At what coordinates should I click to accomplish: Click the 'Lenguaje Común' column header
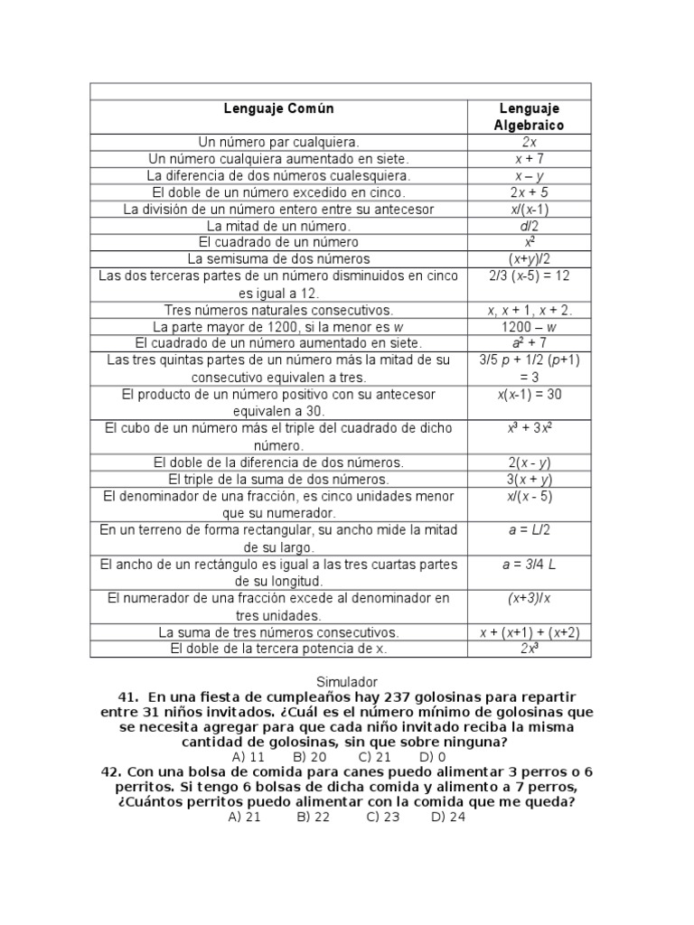(x=278, y=108)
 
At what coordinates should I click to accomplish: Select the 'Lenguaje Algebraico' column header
(x=529, y=117)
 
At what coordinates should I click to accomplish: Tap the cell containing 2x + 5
(x=529, y=192)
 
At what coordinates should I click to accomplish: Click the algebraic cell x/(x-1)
(x=529, y=210)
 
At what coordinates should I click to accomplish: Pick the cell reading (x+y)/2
(x=529, y=259)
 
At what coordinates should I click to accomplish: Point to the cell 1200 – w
(x=529, y=326)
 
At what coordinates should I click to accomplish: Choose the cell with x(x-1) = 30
(x=529, y=394)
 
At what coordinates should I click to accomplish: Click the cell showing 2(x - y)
(x=529, y=462)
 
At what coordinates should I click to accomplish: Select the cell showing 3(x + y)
(x=529, y=479)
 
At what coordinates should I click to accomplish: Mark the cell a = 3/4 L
(x=529, y=564)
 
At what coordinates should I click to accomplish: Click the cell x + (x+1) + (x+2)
(x=529, y=632)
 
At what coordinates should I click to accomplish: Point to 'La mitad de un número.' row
(x=278, y=226)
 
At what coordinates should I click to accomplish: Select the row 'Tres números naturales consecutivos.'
(x=278, y=309)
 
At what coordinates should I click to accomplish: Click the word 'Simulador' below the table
(x=347, y=682)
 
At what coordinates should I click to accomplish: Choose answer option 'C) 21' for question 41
(x=374, y=757)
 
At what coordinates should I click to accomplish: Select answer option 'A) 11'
(x=248, y=757)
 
